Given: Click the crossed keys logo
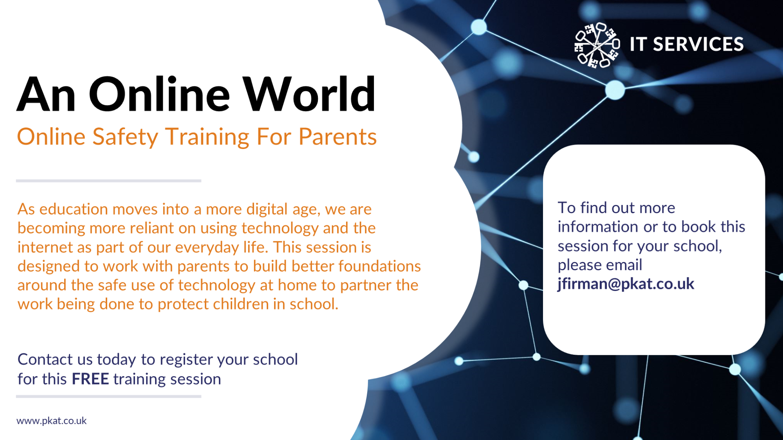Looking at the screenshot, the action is pos(597,45).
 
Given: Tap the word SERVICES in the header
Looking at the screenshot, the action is pos(698,44).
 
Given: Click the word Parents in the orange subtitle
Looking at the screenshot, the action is pos(337,137).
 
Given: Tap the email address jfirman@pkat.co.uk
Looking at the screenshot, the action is pos(626,284).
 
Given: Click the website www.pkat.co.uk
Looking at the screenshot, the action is pos(51,421).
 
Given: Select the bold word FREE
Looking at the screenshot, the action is pos(90,379).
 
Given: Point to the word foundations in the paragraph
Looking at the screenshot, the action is pos(380,266).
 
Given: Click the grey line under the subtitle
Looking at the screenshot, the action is pos(108,181).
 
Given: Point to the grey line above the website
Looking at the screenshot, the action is pos(108,396).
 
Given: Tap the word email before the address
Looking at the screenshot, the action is pos(623,265).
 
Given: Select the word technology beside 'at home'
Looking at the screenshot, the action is pos(216,286).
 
